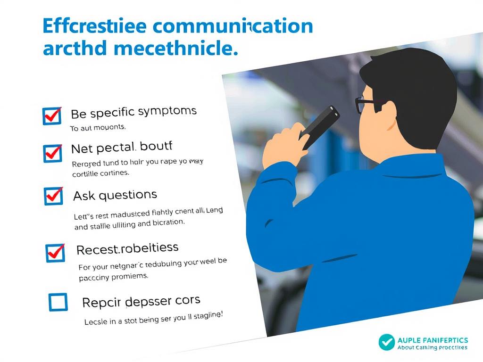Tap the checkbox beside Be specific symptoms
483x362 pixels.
(x=52, y=115)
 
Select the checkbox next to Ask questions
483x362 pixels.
(x=53, y=196)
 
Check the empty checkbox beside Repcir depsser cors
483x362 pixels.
(x=58, y=302)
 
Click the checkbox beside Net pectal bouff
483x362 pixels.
(x=52, y=153)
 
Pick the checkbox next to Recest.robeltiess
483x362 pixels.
(x=55, y=253)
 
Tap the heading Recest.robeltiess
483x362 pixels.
(x=127, y=248)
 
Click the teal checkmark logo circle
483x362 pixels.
(x=387, y=342)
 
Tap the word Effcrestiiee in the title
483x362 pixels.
(x=94, y=26)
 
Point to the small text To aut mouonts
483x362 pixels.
(x=98, y=128)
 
